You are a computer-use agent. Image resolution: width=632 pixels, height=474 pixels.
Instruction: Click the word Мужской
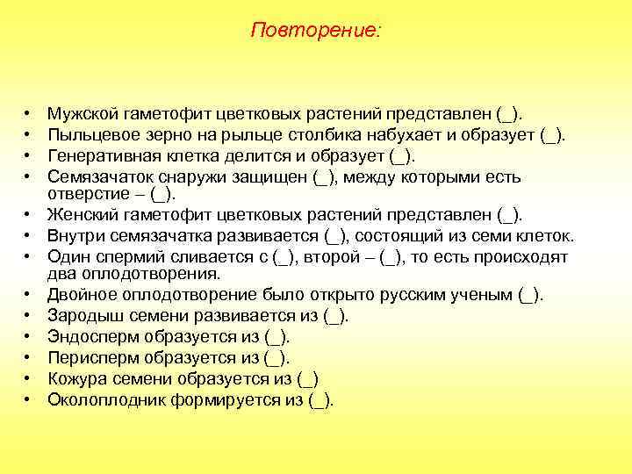coord(83,113)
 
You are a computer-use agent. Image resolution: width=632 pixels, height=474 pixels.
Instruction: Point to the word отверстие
coord(87,193)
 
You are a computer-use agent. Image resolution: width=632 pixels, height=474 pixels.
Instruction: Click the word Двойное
coord(83,294)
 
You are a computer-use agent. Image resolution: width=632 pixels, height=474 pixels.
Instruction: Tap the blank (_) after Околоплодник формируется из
coord(320,399)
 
